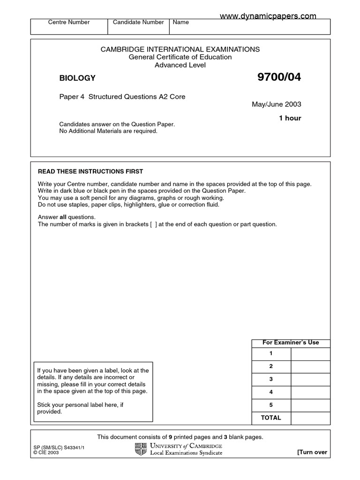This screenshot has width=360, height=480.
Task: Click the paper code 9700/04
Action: pyautogui.click(x=279, y=78)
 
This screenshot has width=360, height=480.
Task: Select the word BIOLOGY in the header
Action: pyautogui.click(x=77, y=78)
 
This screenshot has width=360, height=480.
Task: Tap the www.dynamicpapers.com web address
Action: pyautogui.click(x=268, y=16)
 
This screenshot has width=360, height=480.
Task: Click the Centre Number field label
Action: pyautogui.click(x=69, y=22)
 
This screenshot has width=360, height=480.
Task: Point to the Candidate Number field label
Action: pyautogui.click(x=138, y=22)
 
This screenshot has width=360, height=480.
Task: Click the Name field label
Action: pyautogui.click(x=181, y=22)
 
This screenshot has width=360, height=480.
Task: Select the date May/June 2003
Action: pyautogui.click(x=277, y=104)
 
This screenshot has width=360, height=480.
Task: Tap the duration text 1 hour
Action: pyautogui.click(x=290, y=118)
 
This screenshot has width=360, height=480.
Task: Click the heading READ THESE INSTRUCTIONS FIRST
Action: pyautogui.click(x=90, y=172)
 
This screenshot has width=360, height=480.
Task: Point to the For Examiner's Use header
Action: pyautogui.click(x=291, y=343)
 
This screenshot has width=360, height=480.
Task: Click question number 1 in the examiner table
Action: pyautogui.click(x=271, y=353)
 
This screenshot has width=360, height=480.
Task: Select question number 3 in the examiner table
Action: pyautogui.click(x=271, y=379)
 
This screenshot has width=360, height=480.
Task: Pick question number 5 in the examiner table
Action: pyautogui.click(x=271, y=405)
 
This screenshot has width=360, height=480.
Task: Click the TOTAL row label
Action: pyautogui.click(x=271, y=418)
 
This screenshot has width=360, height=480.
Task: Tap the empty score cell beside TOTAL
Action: pyautogui.click(x=310, y=418)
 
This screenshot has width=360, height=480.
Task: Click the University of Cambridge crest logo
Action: pyautogui.click(x=141, y=449)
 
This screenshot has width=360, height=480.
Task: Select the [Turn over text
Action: pyautogui.click(x=312, y=452)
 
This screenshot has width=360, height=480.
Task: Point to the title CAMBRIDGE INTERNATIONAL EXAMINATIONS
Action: pyautogui.click(x=180, y=49)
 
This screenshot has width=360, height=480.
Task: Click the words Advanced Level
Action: pyautogui.click(x=180, y=65)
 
